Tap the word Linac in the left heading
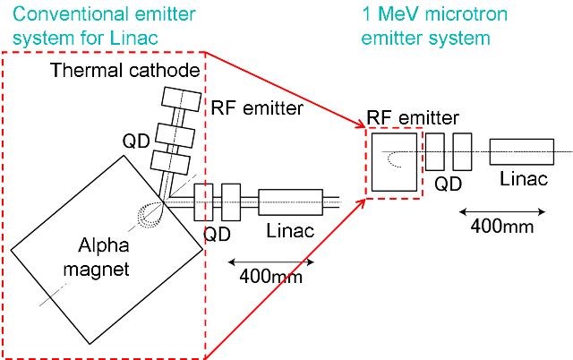pos(164,39)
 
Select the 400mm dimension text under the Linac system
pos(271,277)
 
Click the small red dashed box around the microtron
pos(393,160)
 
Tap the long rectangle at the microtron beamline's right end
pos(523,152)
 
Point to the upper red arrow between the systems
pos(286,90)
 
